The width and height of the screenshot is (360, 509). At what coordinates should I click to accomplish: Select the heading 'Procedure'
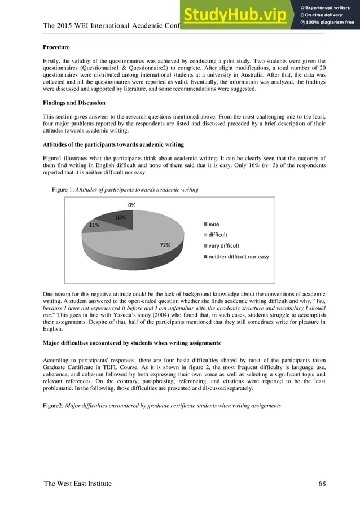click(x=58, y=47)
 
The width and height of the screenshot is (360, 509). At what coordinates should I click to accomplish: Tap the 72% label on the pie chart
click(x=165, y=245)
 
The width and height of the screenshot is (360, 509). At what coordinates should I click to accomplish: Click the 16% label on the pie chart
click(x=120, y=217)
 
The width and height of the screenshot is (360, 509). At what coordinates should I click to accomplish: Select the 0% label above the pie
click(x=131, y=205)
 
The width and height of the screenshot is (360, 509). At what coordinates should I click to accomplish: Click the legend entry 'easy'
click(x=214, y=223)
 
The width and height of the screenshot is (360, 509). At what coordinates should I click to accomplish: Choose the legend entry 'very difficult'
click(x=223, y=245)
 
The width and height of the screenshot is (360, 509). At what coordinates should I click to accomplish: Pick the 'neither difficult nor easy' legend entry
click(x=238, y=257)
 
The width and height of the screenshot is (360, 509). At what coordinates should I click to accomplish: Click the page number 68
click(x=322, y=484)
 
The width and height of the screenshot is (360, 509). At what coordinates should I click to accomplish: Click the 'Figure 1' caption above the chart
click(x=125, y=190)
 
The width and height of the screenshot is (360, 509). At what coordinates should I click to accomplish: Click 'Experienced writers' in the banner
click(x=330, y=7)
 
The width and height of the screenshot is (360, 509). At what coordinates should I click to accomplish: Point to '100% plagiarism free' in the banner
click(x=330, y=23)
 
